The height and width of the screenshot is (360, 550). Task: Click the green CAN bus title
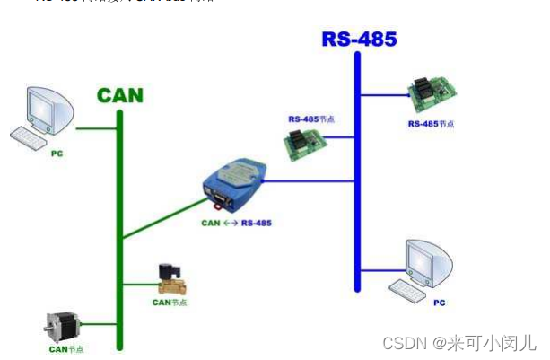point(119,95)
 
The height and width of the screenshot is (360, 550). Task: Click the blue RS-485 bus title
point(359,39)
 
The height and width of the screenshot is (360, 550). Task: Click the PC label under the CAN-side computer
point(57,154)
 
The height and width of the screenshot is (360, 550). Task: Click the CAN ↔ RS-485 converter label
point(236,222)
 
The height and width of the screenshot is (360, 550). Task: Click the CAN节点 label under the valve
point(169,303)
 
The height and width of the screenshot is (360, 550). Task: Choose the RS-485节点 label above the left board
point(310,119)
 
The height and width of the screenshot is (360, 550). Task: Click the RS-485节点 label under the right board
point(431,124)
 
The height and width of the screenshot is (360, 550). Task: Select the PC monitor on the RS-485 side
point(428,263)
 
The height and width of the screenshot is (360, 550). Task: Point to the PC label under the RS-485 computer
point(439,303)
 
